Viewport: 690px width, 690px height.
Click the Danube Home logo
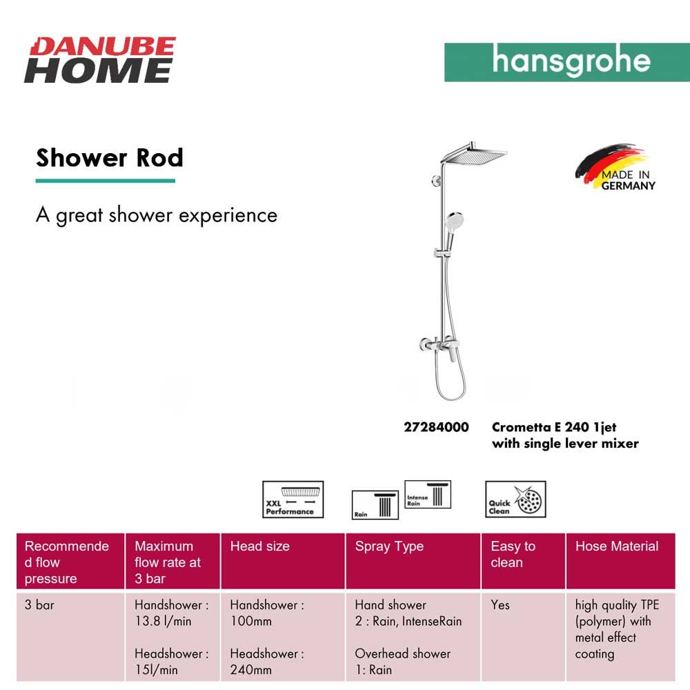(x=100, y=60)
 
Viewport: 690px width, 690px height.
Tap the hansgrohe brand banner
(x=566, y=62)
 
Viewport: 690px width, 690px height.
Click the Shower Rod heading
(x=109, y=157)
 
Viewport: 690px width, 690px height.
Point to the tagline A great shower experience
(x=157, y=215)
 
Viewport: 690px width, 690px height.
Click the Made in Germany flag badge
(x=615, y=167)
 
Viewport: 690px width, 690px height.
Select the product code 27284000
(x=436, y=427)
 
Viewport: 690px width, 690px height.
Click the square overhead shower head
(x=475, y=154)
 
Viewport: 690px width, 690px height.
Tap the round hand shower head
(x=455, y=221)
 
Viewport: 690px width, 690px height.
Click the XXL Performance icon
(x=293, y=500)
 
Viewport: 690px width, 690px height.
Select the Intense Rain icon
(x=428, y=494)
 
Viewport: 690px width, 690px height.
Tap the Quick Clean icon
(x=515, y=499)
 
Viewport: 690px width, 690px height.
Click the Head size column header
(x=259, y=546)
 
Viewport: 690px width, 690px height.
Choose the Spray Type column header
(x=389, y=547)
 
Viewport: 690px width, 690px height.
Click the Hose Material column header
(x=617, y=546)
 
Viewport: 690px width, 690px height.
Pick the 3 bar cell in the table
(x=39, y=605)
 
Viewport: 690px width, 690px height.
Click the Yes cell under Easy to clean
(x=500, y=605)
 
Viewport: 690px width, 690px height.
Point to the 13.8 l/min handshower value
(x=163, y=622)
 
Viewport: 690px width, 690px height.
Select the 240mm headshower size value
(x=251, y=670)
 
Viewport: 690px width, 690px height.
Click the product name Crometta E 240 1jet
(x=554, y=427)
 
